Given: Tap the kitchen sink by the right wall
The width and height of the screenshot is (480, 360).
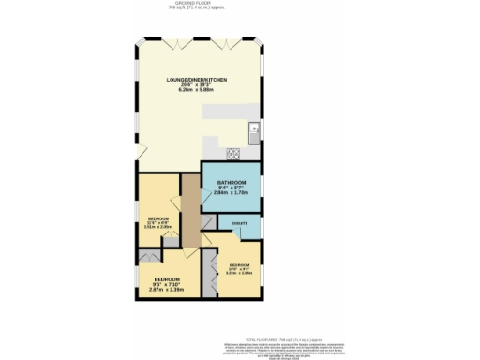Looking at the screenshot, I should pyautogui.click(x=253, y=128).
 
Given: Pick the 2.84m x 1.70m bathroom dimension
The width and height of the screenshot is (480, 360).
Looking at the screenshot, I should pyautogui.click(x=232, y=192).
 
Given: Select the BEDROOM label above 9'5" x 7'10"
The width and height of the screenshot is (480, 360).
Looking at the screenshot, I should pyautogui.click(x=168, y=278).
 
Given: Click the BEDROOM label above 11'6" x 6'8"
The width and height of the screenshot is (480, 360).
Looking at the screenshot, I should pyautogui.click(x=157, y=218).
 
